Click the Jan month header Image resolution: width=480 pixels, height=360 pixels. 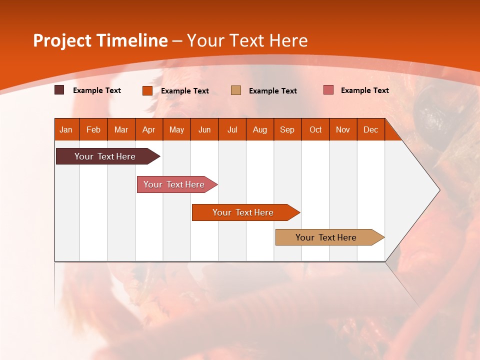66,130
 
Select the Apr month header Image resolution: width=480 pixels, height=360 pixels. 149,130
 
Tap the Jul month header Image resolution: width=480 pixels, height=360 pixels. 232,130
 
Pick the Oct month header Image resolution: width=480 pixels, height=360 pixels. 315,130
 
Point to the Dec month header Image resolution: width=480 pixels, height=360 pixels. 370,130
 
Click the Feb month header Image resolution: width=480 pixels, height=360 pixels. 93,130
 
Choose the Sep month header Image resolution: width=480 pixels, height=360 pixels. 287,130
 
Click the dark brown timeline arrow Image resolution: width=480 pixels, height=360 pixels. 108,156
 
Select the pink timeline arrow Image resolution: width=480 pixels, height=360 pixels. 177,184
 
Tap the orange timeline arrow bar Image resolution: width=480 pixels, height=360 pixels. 246,212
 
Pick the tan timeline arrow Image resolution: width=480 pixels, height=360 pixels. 330,237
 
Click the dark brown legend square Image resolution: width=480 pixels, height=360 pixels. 59,89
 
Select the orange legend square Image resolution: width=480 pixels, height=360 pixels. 147,90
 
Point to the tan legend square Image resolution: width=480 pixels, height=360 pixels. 236,90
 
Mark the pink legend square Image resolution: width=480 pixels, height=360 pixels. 328,89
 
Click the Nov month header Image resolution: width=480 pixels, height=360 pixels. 343,130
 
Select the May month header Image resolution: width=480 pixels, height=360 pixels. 176,130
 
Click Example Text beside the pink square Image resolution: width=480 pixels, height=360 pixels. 365,90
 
